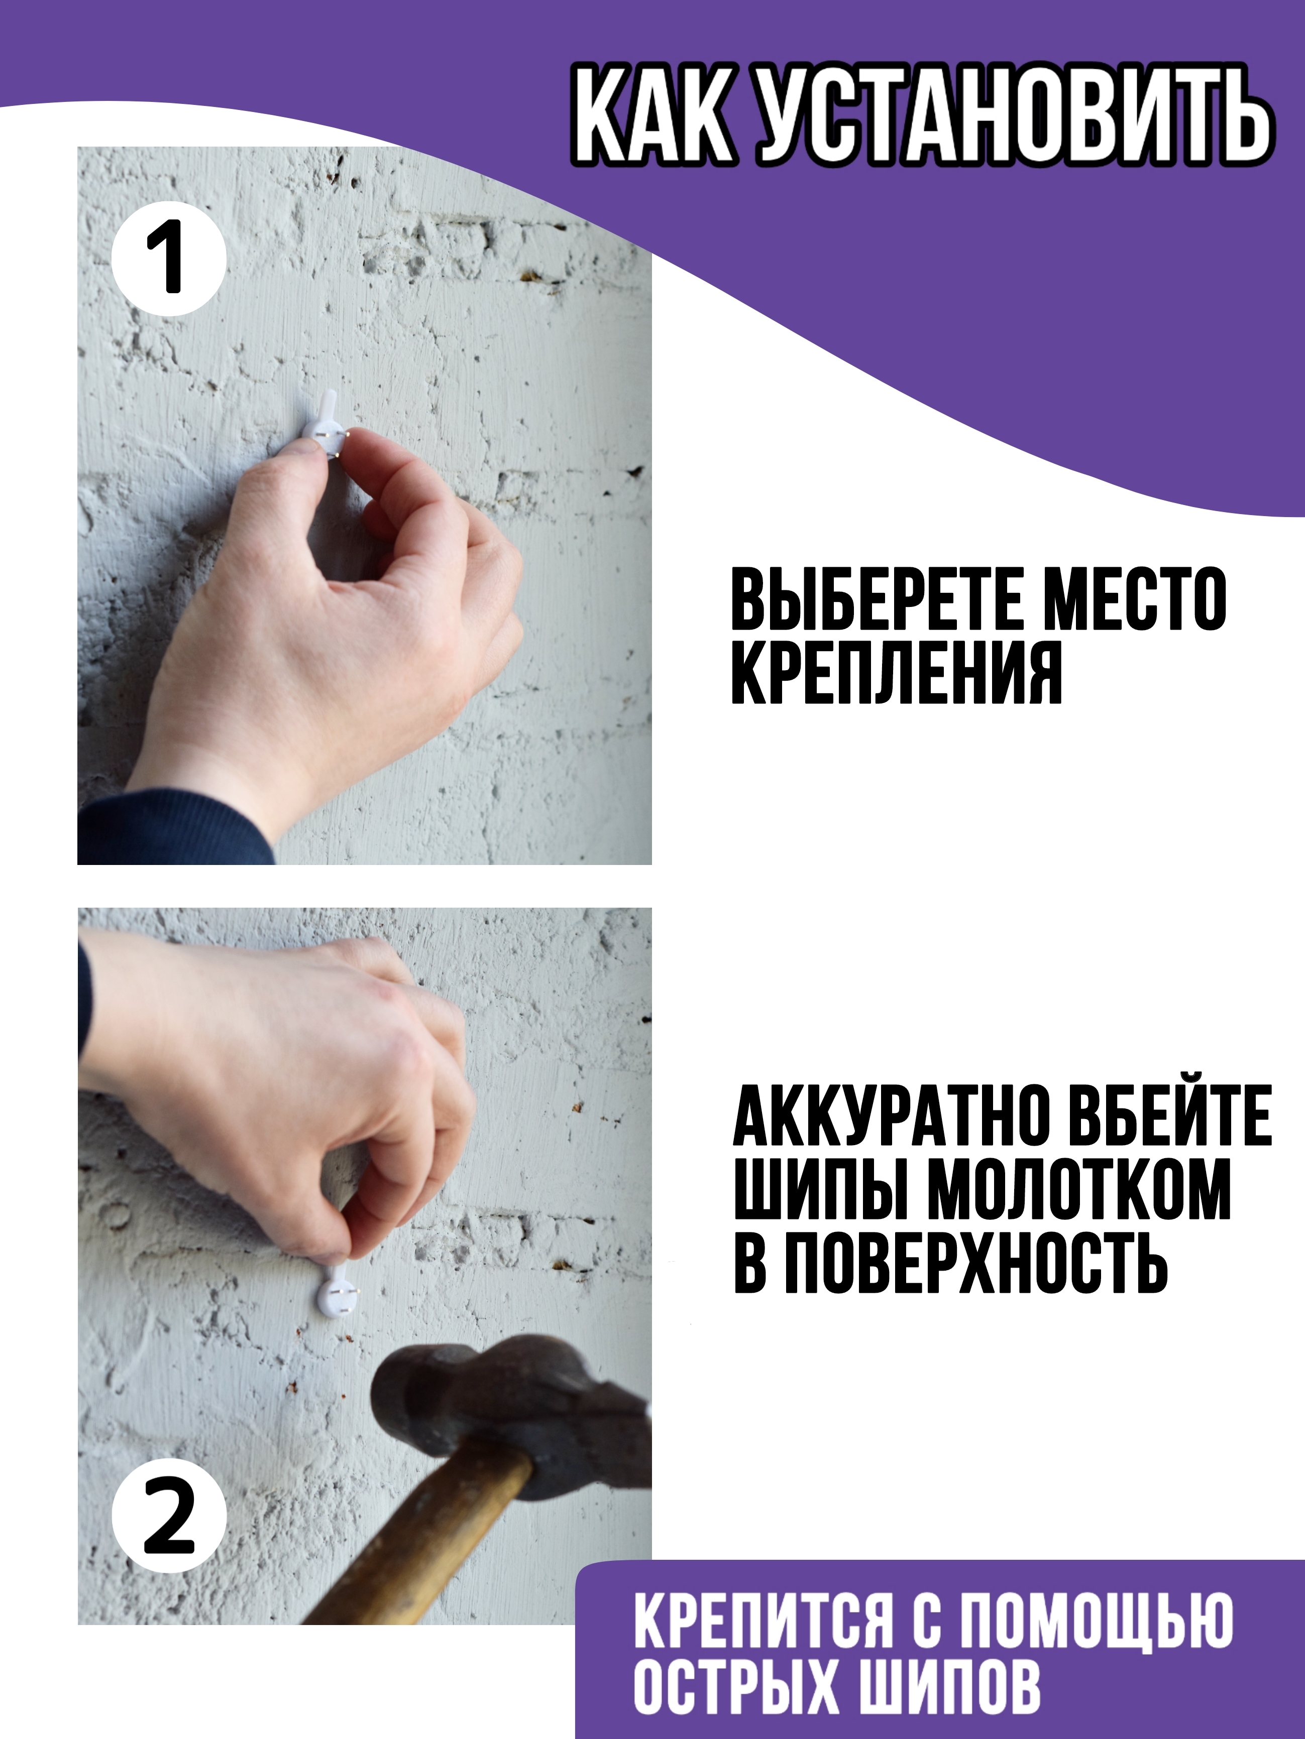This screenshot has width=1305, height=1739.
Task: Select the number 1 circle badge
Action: pyautogui.click(x=169, y=259)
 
